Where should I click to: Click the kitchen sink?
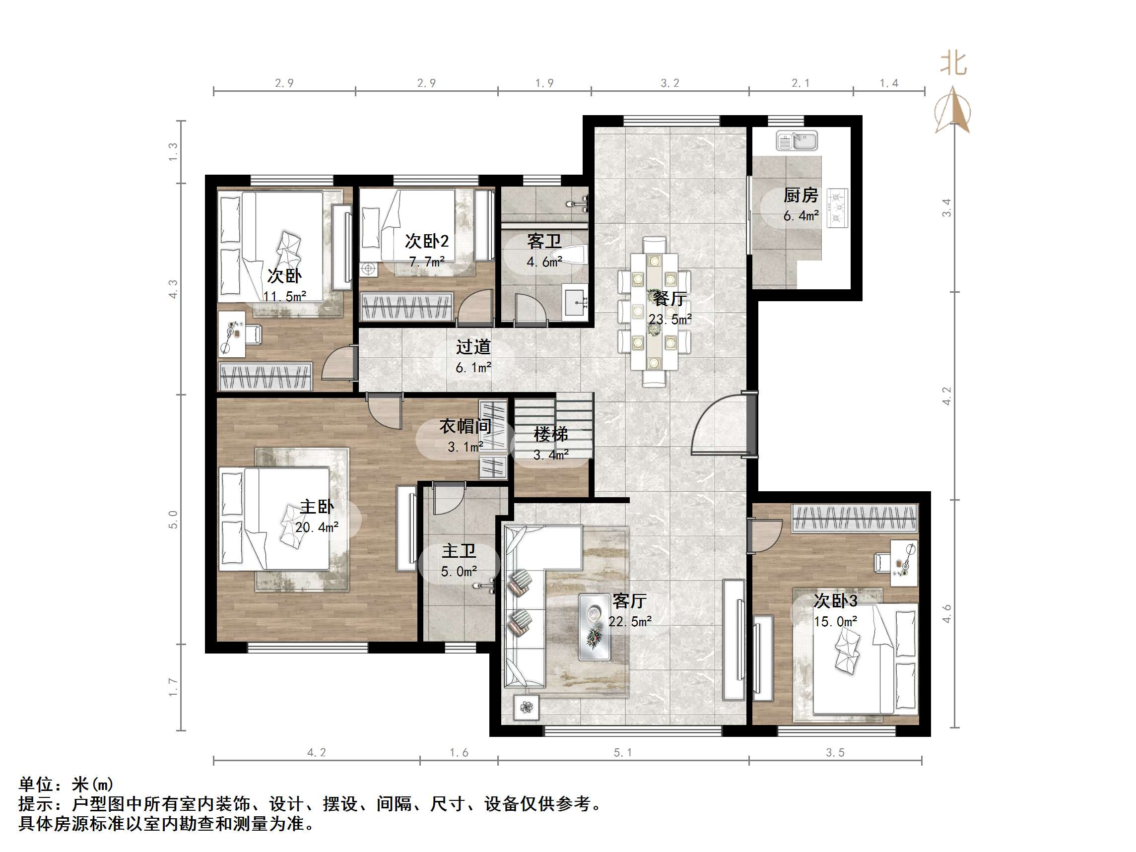tap(797, 141)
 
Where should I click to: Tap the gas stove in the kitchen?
tap(838, 207)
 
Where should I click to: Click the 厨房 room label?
tap(801, 195)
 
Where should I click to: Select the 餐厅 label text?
tap(669, 298)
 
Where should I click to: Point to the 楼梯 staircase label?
tap(550, 435)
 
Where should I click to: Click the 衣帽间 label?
tap(465, 426)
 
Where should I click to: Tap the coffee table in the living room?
tap(595, 627)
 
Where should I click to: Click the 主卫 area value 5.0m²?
tap(459, 572)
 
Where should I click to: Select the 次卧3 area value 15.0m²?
tap(836, 621)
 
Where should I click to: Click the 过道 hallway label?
tap(473, 347)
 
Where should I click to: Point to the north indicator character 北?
tap(953, 64)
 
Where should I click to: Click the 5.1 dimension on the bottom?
tap(622, 753)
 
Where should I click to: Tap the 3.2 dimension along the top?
tap(669, 83)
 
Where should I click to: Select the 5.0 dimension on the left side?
tap(173, 520)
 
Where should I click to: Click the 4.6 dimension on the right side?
tap(946, 614)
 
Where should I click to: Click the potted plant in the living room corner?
tap(527, 708)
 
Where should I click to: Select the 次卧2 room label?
tap(427, 241)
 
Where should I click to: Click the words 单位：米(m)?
tap(66, 784)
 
